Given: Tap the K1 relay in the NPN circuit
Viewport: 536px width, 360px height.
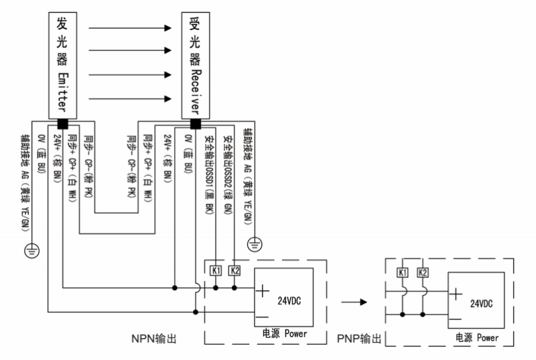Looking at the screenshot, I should click(x=216, y=270).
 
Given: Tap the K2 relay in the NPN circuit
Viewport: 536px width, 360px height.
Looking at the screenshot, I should click(x=234, y=270).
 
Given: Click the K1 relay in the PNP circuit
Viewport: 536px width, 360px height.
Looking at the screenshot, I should click(x=403, y=273).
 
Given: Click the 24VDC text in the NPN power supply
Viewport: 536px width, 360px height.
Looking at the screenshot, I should click(x=289, y=302).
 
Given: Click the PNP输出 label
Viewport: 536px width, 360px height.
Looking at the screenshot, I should click(x=359, y=339).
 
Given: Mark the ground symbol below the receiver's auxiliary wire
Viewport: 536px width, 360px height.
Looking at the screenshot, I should click(x=255, y=243).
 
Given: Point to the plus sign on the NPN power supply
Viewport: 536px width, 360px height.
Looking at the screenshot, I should click(x=262, y=291).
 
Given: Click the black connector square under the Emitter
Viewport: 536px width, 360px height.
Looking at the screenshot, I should click(x=63, y=123).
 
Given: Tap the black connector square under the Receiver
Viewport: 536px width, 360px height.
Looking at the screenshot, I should click(x=196, y=123).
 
